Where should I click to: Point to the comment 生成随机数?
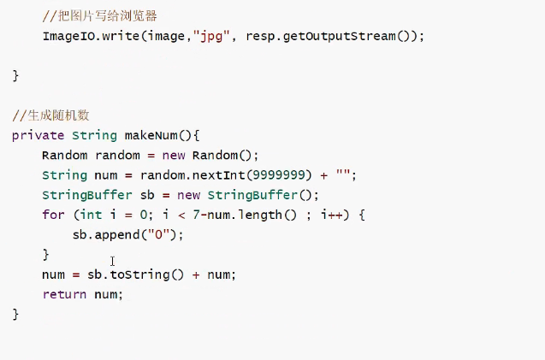coord(51,115)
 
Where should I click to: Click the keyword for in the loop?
coord(52,215)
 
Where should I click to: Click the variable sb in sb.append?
coord(81,234)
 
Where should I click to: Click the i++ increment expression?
coord(332,215)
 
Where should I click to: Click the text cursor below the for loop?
coord(112,261)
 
